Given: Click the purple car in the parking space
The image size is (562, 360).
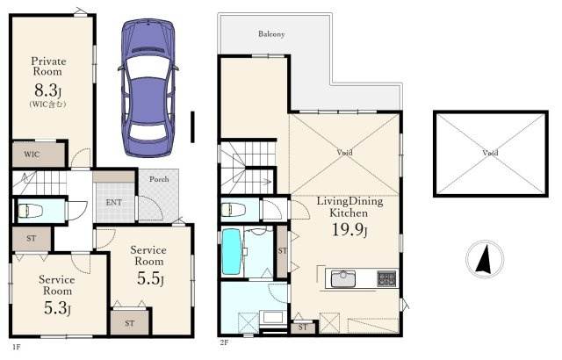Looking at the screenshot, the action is click(148, 88).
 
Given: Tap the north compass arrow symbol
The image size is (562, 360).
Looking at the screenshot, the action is click(485, 259).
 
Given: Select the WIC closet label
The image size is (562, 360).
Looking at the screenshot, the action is click(32, 155).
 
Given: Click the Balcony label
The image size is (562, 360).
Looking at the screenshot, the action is click(271, 34).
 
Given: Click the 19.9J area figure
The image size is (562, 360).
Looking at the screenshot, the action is click(349, 230).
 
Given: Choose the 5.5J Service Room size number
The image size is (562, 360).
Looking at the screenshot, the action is click(150, 278).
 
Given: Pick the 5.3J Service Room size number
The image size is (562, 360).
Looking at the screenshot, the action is click(57, 307).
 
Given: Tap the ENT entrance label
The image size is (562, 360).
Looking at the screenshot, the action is click(114, 202).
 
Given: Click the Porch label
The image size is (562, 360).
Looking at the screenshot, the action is click(159, 179).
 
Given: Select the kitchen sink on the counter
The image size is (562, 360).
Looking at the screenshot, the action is click(343, 278).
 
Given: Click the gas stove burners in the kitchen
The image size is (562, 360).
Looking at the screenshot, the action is click(386, 278).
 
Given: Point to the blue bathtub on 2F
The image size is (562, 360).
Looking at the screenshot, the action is click(231, 252).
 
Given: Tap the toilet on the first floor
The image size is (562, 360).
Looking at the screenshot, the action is click(30, 210).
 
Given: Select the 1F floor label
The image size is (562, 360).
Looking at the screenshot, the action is click(17, 347).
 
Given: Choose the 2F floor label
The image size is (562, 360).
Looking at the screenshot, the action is click(224, 342).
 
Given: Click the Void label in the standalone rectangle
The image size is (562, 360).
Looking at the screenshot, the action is click(490, 153).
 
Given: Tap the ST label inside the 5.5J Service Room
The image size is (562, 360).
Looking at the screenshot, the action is click(130, 323).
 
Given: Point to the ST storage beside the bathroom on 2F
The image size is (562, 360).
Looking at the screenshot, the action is click(283, 251).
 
